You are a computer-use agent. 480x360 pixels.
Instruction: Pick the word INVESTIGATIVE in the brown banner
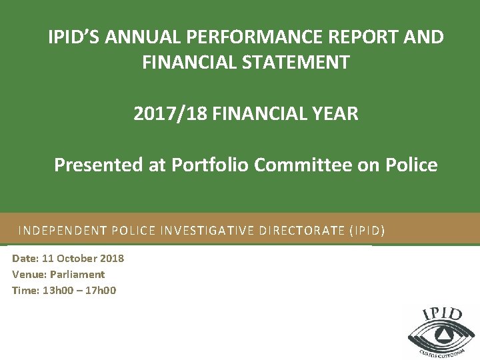pos(209,231)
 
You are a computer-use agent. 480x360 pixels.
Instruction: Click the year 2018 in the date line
pos(112,259)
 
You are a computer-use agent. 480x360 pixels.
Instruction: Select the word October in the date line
pos(77,259)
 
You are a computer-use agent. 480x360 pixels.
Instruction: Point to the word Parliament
pos(77,274)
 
